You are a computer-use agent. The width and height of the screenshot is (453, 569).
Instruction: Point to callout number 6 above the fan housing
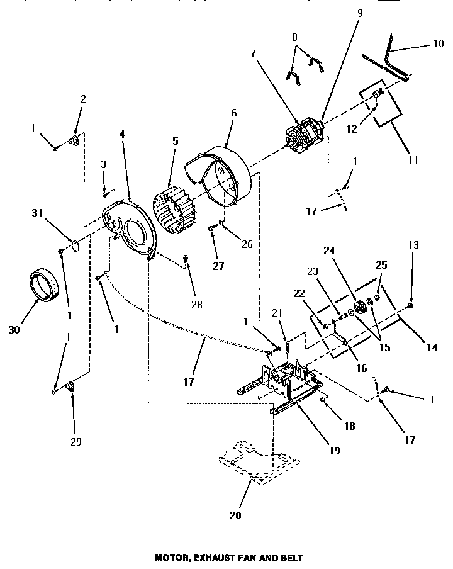coord(233,113)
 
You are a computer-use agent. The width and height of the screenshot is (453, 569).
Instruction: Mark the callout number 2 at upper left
coord(82,98)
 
